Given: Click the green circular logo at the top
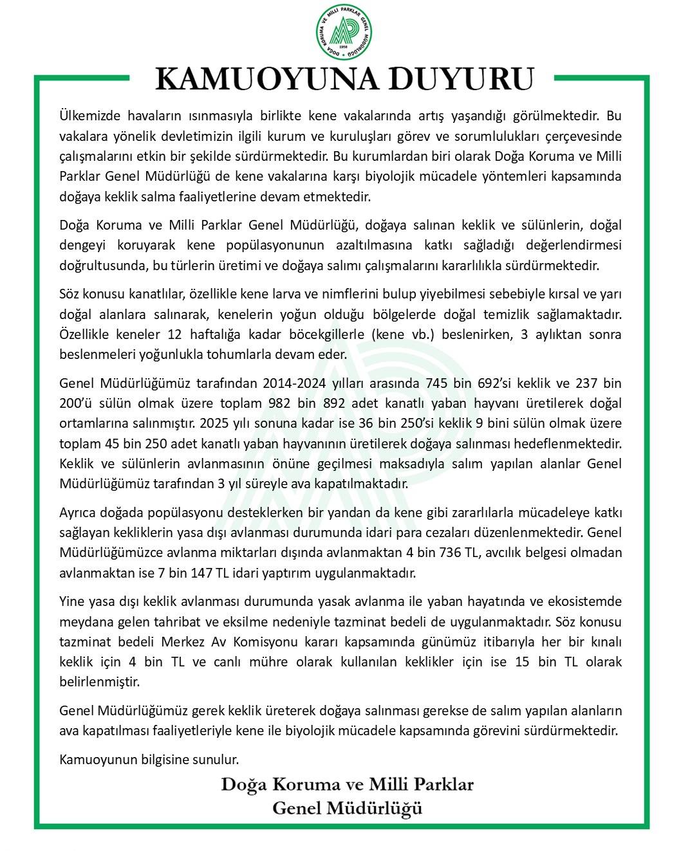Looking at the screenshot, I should coord(344,32).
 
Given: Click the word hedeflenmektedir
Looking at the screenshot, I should coord(567,443).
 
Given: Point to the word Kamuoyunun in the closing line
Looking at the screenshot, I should coord(93,760).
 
